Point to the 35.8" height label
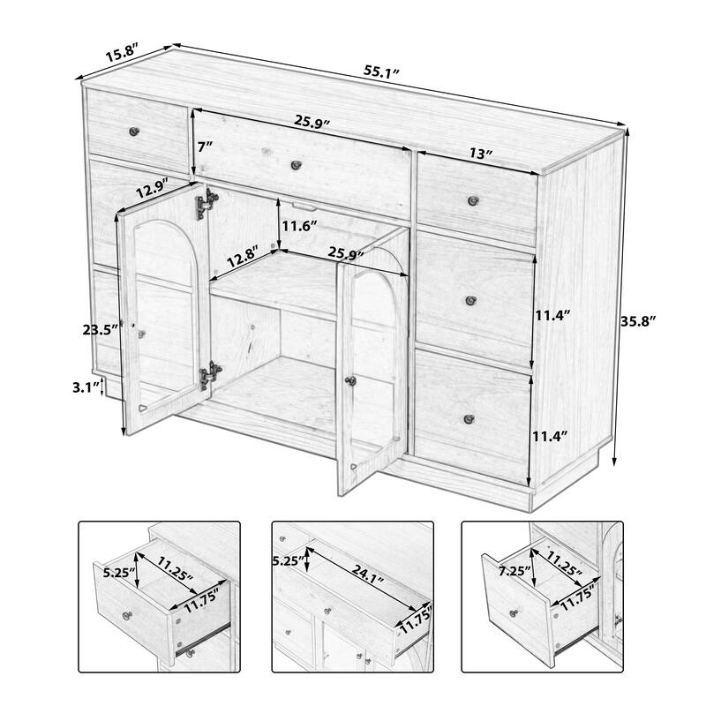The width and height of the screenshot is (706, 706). click(640, 321)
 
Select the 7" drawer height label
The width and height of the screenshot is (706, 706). click(205, 146)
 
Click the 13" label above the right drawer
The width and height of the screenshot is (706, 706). click(480, 153)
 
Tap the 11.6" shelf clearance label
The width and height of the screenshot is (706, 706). click(300, 226)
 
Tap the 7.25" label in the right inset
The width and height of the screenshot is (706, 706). click(513, 571)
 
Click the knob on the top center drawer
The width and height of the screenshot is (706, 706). click(297, 164)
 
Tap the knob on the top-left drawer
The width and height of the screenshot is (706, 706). click(136, 131)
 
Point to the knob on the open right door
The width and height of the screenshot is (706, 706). click(350, 380)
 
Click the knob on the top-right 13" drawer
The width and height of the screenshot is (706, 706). click(474, 199)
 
